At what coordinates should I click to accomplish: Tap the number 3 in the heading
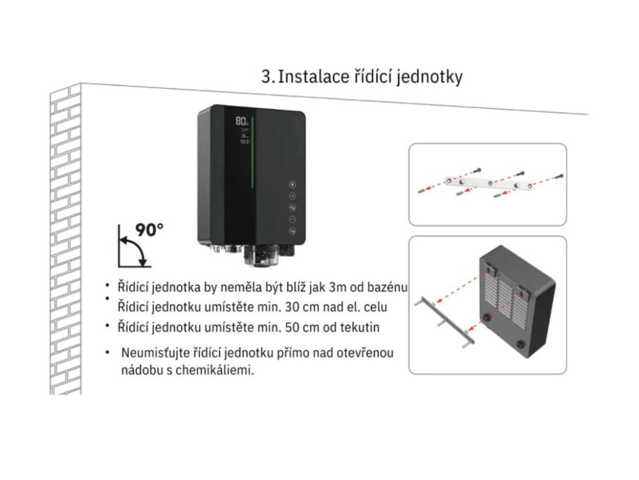pyautogui.click(x=266, y=77)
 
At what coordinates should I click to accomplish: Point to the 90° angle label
pyautogui.click(x=150, y=229)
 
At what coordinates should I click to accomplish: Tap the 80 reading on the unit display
pyautogui.click(x=241, y=121)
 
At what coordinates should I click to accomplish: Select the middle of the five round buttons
pyautogui.click(x=291, y=207)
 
